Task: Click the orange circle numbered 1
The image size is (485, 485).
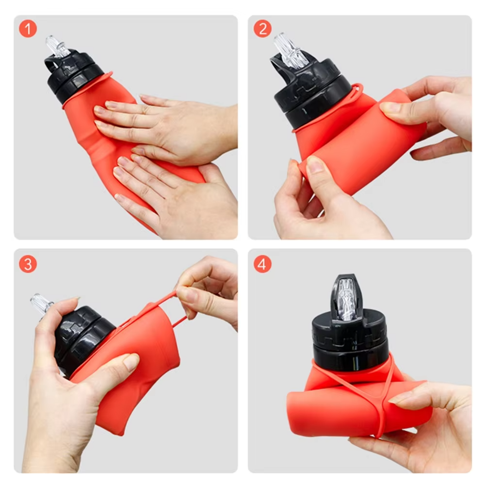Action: tap(28, 29)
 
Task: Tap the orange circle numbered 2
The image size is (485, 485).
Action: tap(262, 29)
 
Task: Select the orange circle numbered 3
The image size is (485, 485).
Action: tap(28, 264)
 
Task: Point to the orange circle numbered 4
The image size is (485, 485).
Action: tap(262, 264)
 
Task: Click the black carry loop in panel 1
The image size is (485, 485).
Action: tap(49, 65)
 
